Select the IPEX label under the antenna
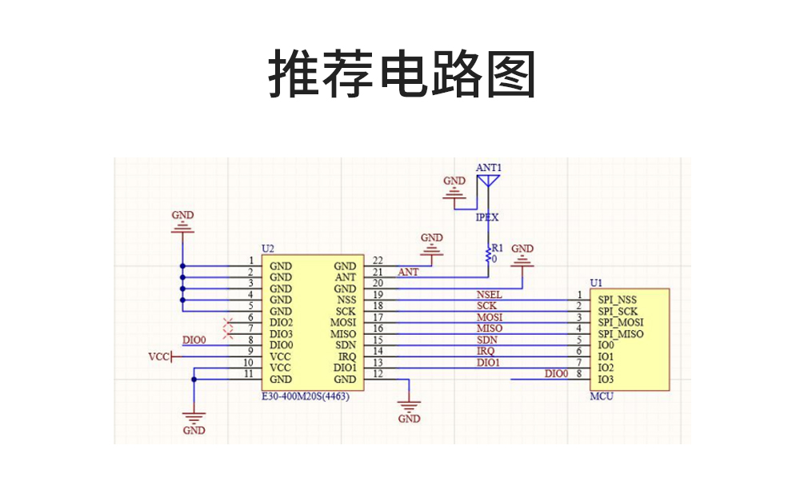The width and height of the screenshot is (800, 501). pos(487,217)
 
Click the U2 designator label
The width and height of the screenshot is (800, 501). pos(267,249)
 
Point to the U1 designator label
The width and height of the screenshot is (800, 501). pos(595,282)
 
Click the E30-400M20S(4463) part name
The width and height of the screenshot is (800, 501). pos(305,396)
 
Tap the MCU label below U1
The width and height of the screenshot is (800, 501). pos(601,396)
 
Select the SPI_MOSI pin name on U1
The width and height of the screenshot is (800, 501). pos(620,322)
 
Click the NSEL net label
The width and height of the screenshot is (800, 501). pos(489,295)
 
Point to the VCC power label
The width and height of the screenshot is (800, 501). pos(159,356)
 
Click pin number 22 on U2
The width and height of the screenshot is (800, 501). pos(378,260)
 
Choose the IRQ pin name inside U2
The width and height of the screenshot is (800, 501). pos(346,356)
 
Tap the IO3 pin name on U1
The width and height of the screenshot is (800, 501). pos(606,379)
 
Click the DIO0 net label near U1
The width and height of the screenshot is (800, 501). pos(556,373)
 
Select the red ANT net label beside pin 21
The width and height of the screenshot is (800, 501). pos(408,272)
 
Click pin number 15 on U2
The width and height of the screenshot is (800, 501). pos(378,340)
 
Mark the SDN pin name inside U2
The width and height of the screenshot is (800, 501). pos(346,345)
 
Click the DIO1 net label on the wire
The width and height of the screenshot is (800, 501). pos(488,362)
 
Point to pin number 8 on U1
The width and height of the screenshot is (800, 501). pos(578,373)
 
